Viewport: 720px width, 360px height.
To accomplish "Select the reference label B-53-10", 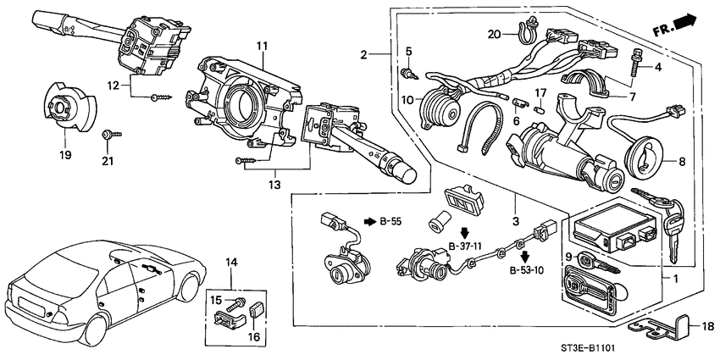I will tap(527, 272).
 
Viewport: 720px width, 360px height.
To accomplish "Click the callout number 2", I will tap(363, 55).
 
